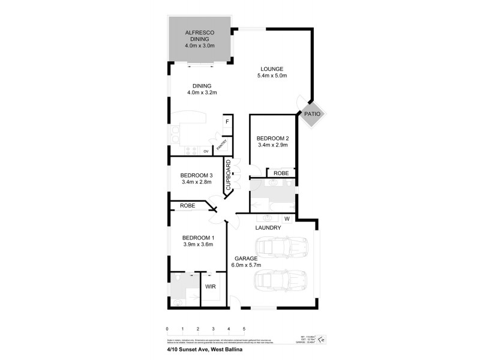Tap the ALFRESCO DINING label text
tap(200, 35)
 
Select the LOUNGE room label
tap(272, 68)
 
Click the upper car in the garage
tap(281, 246)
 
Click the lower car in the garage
tap(281, 280)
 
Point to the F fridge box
tap(227, 122)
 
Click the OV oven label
tap(205, 151)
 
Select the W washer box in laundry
tap(287, 218)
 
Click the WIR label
tap(210, 287)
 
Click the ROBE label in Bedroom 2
tap(281, 173)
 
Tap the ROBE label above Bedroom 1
tap(187, 206)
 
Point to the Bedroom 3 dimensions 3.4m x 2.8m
tap(196, 182)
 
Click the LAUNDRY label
tap(268, 227)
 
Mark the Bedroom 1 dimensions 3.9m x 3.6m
tap(198, 244)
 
